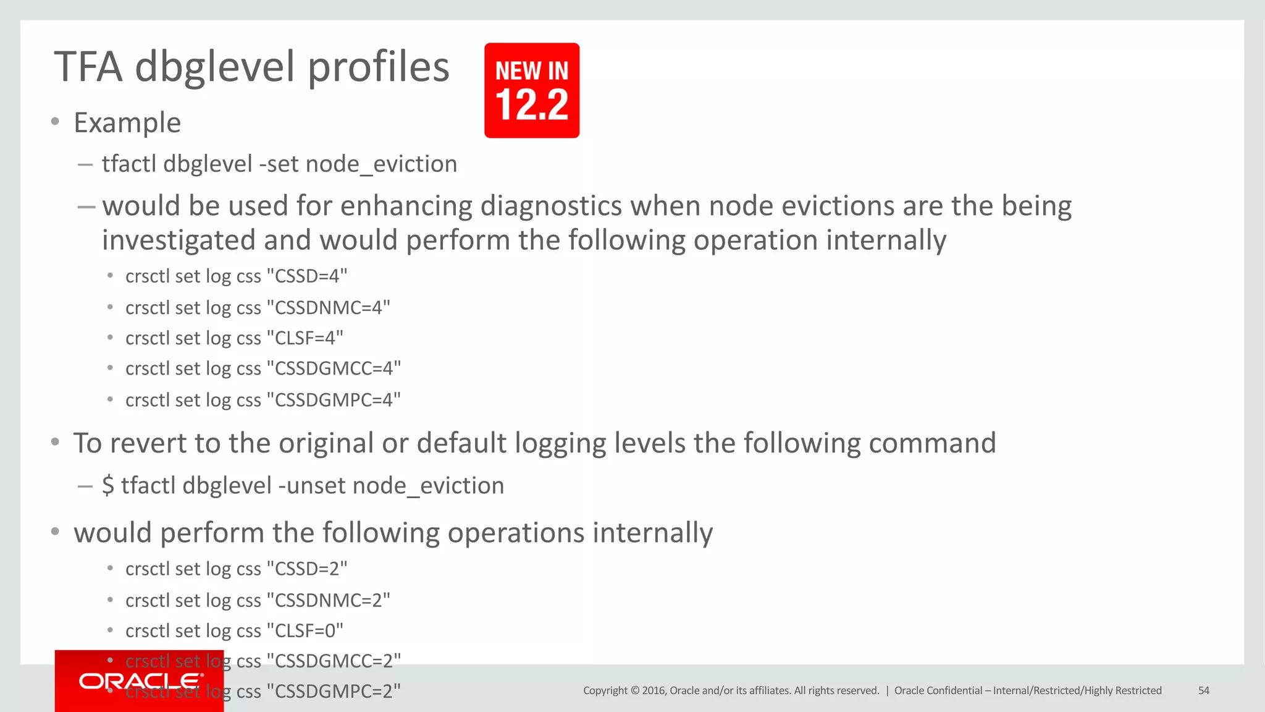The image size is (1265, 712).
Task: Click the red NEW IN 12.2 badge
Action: [x=532, y=90]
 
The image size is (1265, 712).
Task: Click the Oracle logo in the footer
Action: [x=141, y=681]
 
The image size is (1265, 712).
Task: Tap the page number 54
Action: [x=1203, y=690]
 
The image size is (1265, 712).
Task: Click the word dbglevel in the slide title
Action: [x=214, y=68]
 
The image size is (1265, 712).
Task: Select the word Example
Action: [x=127, y=122]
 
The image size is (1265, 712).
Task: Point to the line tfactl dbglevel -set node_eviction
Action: [x=279, y=164]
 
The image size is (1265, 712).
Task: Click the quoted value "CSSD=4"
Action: [x=307, y=276]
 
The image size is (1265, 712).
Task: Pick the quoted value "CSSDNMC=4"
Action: [x=329, y=307]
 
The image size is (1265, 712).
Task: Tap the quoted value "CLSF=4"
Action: [x=305, y=337]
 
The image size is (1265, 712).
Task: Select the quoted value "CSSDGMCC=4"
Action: [x=334, y=368]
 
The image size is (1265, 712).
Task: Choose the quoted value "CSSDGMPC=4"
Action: [x=334, y=400]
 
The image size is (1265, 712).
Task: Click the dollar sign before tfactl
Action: [x=108, y=486]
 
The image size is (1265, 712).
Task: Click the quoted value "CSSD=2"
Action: [x=307, y=569]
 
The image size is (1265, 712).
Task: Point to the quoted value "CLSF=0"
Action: [x=305, y=630]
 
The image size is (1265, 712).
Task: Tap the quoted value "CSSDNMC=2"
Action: [x=329, y=600]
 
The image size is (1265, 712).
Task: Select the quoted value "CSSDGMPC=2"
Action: [x=334, y=691]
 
